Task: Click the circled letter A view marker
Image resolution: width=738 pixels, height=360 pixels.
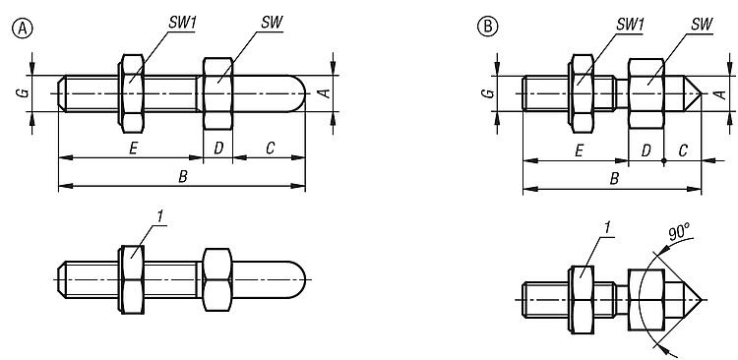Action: click(x=22, y=30)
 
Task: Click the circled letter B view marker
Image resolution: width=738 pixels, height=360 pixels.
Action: click(x=487, y=27)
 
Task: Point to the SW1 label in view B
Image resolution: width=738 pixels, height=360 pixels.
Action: click(x=630, y=26)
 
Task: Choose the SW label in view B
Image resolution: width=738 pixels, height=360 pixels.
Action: click(x=702, y=26)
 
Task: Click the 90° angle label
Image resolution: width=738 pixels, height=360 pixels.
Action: click(x=679, y=233)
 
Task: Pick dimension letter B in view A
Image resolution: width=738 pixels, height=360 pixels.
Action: click(x=183, y=177)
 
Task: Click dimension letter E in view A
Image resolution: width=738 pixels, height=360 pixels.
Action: click(x=133, y=150)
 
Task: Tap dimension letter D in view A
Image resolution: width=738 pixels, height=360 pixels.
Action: click(x=218, y=149)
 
